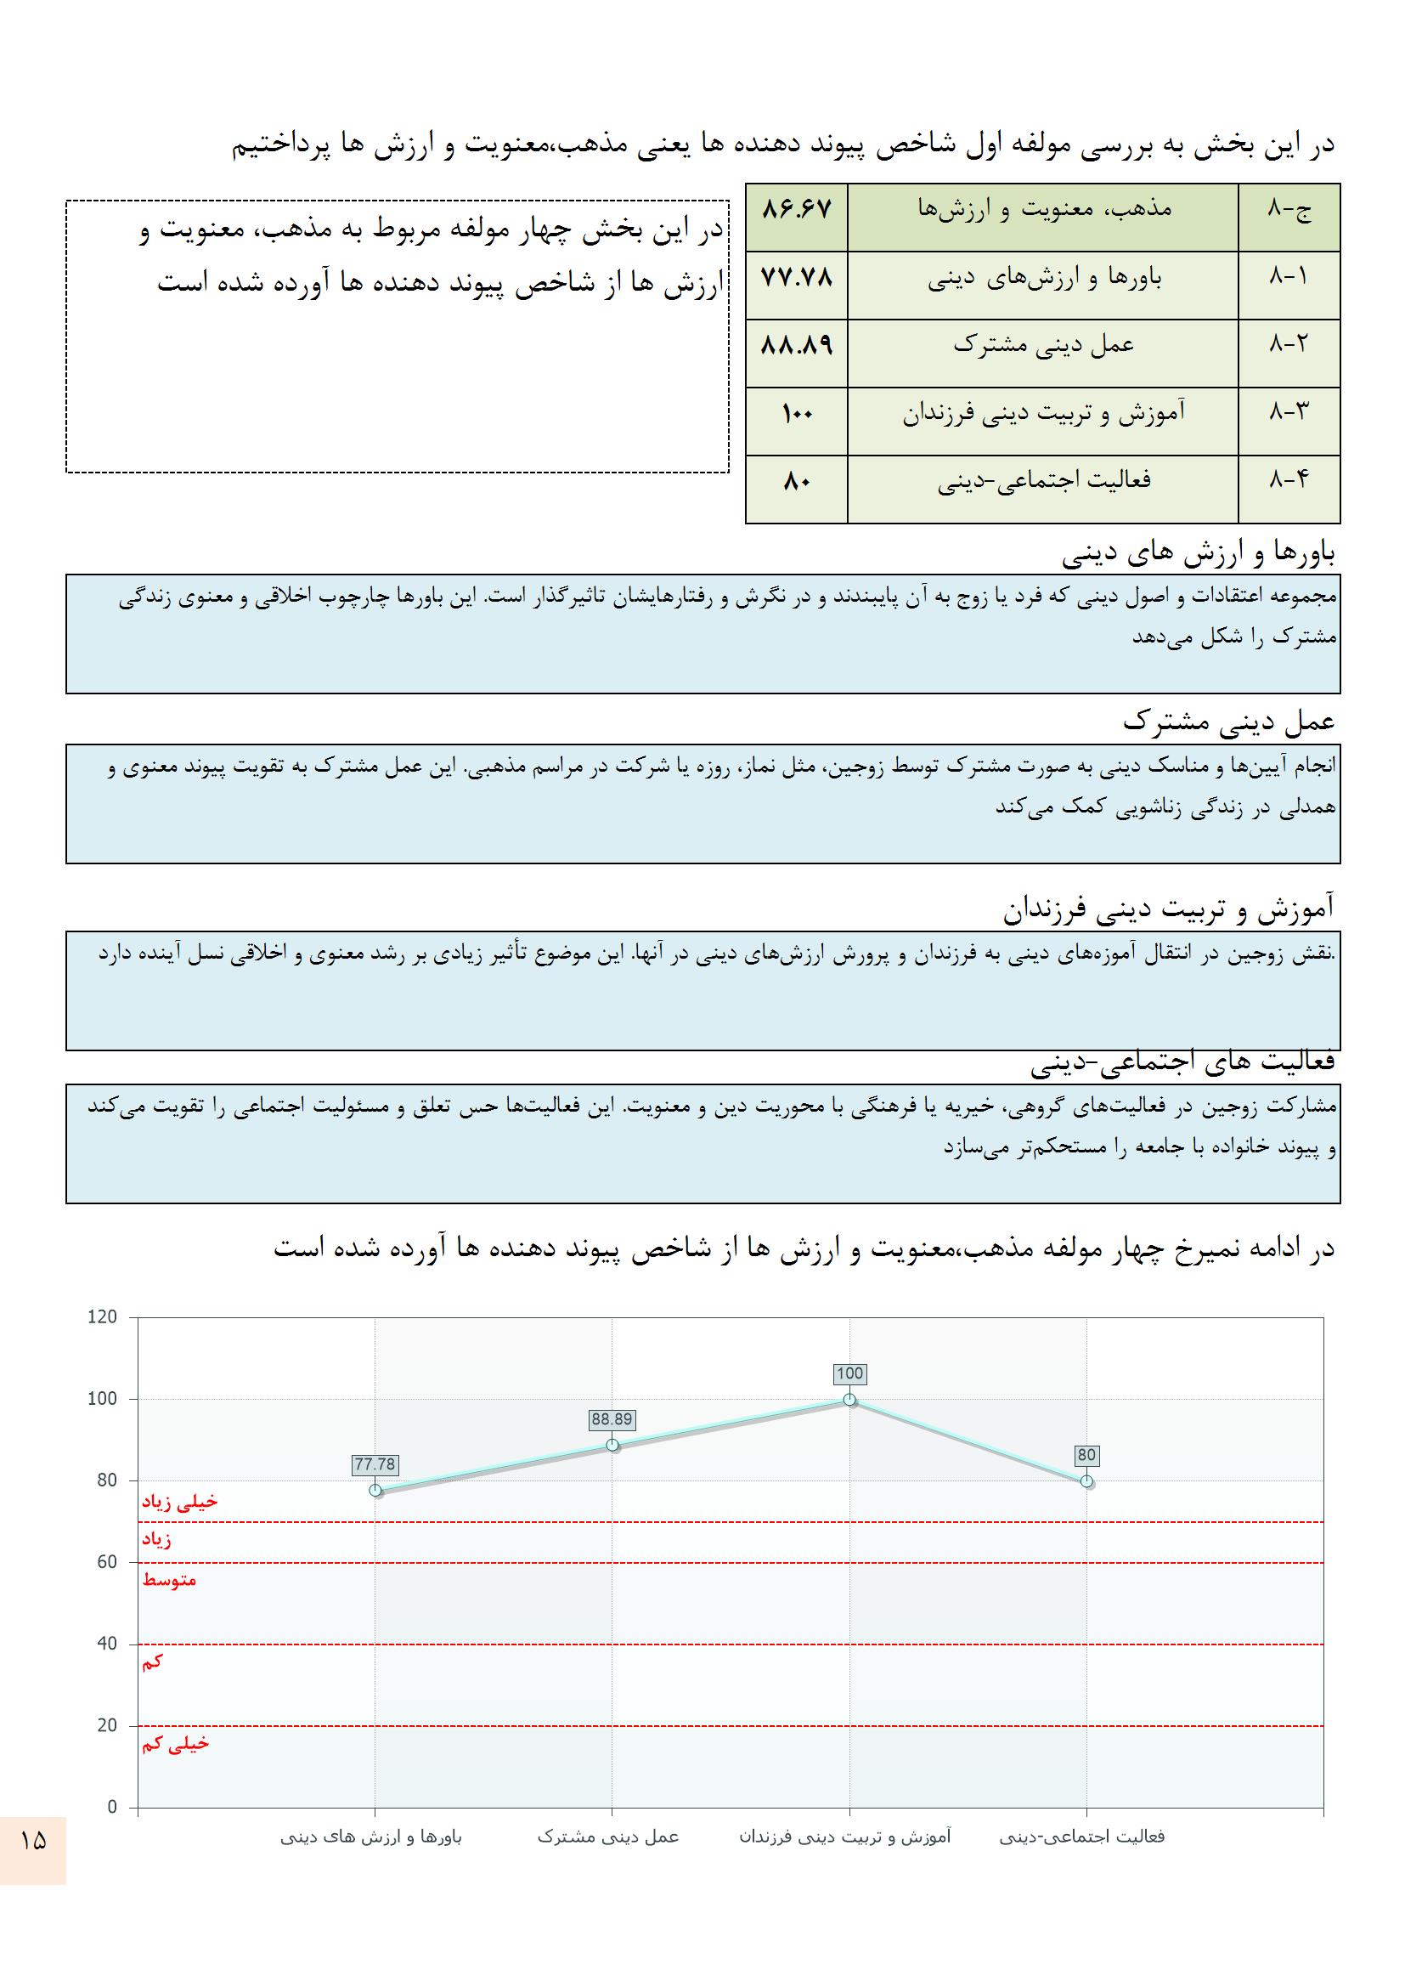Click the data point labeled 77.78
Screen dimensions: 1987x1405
point(375,1491)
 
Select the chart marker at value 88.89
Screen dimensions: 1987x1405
point(612,1445)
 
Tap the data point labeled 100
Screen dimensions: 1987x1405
point(849,1400)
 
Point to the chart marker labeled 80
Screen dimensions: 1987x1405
point(1086,1481)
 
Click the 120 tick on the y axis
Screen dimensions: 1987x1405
point(102,1317)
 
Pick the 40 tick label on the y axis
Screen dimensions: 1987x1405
point(106,1644)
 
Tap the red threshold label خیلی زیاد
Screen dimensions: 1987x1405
point(180,1503)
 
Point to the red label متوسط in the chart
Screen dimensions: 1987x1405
point(170,1580)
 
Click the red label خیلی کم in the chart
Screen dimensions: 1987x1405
point(176,1744)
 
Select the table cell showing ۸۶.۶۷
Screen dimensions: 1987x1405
point(796,210)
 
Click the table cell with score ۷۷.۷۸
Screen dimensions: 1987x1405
point(796,279)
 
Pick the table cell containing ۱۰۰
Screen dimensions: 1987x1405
point(796,415)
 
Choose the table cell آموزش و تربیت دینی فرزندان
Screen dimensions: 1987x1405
point(1043,415)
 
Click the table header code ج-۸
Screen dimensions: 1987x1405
point(1289,210)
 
